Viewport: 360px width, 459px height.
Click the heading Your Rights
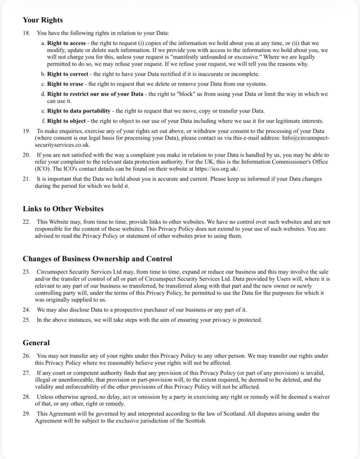pos(43,20)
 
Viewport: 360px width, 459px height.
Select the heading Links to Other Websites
pos(63,208)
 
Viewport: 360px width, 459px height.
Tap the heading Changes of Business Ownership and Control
pos(97,259)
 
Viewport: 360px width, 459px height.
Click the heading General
pos(36,342)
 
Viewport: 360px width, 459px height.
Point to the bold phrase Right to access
pos(67,43)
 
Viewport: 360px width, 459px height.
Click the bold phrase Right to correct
pos(67,74)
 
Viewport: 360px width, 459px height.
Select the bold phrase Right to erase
pos(65,84)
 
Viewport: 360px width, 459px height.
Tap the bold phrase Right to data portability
pos(79,111)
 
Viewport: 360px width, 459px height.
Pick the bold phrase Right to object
pos(66,120)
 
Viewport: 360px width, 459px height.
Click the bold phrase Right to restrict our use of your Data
pos(95,94)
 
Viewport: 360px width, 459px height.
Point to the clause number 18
pos(27,33)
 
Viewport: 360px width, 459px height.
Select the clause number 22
pos(27,222)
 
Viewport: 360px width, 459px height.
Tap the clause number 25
pos(27,320)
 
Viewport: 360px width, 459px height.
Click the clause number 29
pos(27,414)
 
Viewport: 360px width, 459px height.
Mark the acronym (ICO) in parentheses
pos(43,169)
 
